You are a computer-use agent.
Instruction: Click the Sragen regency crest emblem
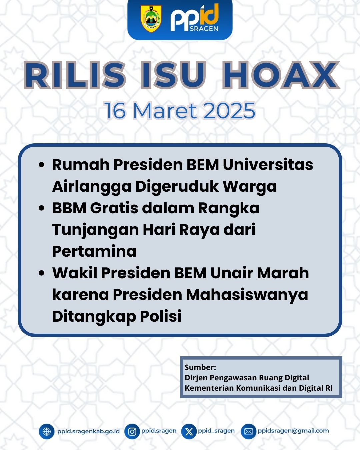[x=151, y=19]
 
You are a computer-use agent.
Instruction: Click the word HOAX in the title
[x=280, y=75]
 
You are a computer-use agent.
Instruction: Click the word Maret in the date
[x=165, y=111]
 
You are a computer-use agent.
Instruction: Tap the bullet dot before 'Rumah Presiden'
[x=42, y=165]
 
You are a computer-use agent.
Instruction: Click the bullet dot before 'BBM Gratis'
[x=42, y=208]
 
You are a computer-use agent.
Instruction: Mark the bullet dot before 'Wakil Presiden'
[x=42, y=273]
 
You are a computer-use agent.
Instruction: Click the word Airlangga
[x=92, y=187]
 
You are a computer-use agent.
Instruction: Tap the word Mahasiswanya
[x=247, y=295]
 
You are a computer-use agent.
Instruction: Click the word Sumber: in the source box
[x=200, y=367]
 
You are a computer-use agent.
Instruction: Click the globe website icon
[x=46, y=431]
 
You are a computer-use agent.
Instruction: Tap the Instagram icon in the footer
[x=132, y=431]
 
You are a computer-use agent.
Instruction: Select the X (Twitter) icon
[x=189, y=431]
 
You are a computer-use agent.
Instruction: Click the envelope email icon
[x=249, y=431]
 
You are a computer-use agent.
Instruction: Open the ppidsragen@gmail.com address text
[x=293, y=431]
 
